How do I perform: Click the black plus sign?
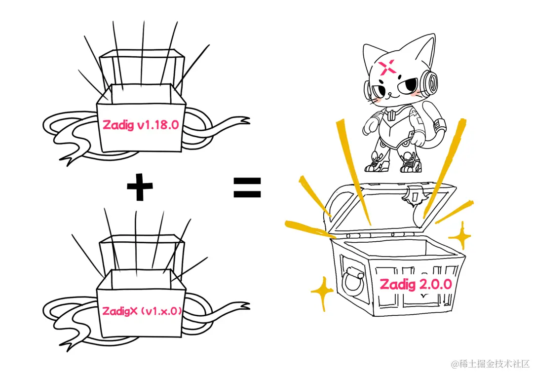[x=140, y=186]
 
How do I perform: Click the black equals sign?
[x=247, y=187]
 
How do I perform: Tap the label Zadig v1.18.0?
[x=140, y=125]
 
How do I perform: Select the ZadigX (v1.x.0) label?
[x=142, y=311]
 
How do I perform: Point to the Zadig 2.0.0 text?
[x=416, y=284]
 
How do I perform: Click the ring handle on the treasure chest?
[x=352, y=281]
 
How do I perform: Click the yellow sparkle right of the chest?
[x=461, y=235]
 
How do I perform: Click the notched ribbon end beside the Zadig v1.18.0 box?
[x=242, y=121]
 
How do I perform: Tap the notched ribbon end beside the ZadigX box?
[x=242, y=307]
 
